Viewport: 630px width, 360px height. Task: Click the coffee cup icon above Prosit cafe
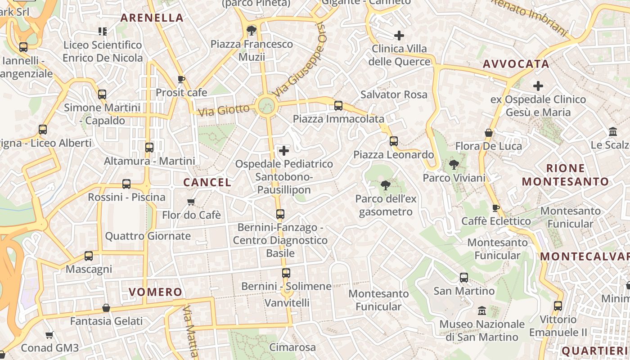click(181, 80)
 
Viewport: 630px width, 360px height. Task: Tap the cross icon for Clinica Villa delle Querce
click(399, 36)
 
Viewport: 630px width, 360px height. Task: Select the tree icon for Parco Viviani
click(454, 165)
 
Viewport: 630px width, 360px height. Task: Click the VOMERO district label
click(156, 292)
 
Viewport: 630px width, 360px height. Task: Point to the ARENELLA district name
click(152, 18)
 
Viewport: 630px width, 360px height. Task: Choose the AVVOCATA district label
click(516, 64)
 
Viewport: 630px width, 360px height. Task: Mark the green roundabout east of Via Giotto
click(266, 106)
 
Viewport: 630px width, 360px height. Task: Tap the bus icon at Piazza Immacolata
click(338, 106)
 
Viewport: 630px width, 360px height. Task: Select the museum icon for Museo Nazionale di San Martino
click(482, 311)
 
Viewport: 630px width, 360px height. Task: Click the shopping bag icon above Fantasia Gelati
click(106, 308)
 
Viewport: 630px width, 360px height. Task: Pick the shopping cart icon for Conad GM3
click(49, 335)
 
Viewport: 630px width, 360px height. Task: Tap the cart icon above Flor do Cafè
click(191, 202)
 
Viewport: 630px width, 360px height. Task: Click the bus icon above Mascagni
click(89, 256)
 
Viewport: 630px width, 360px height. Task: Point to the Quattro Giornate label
click(148, 236)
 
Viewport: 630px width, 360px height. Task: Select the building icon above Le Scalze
click(612, 132)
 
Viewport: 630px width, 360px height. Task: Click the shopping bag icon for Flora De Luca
click(489, 133)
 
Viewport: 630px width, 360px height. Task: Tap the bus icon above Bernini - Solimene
click(286, 273)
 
